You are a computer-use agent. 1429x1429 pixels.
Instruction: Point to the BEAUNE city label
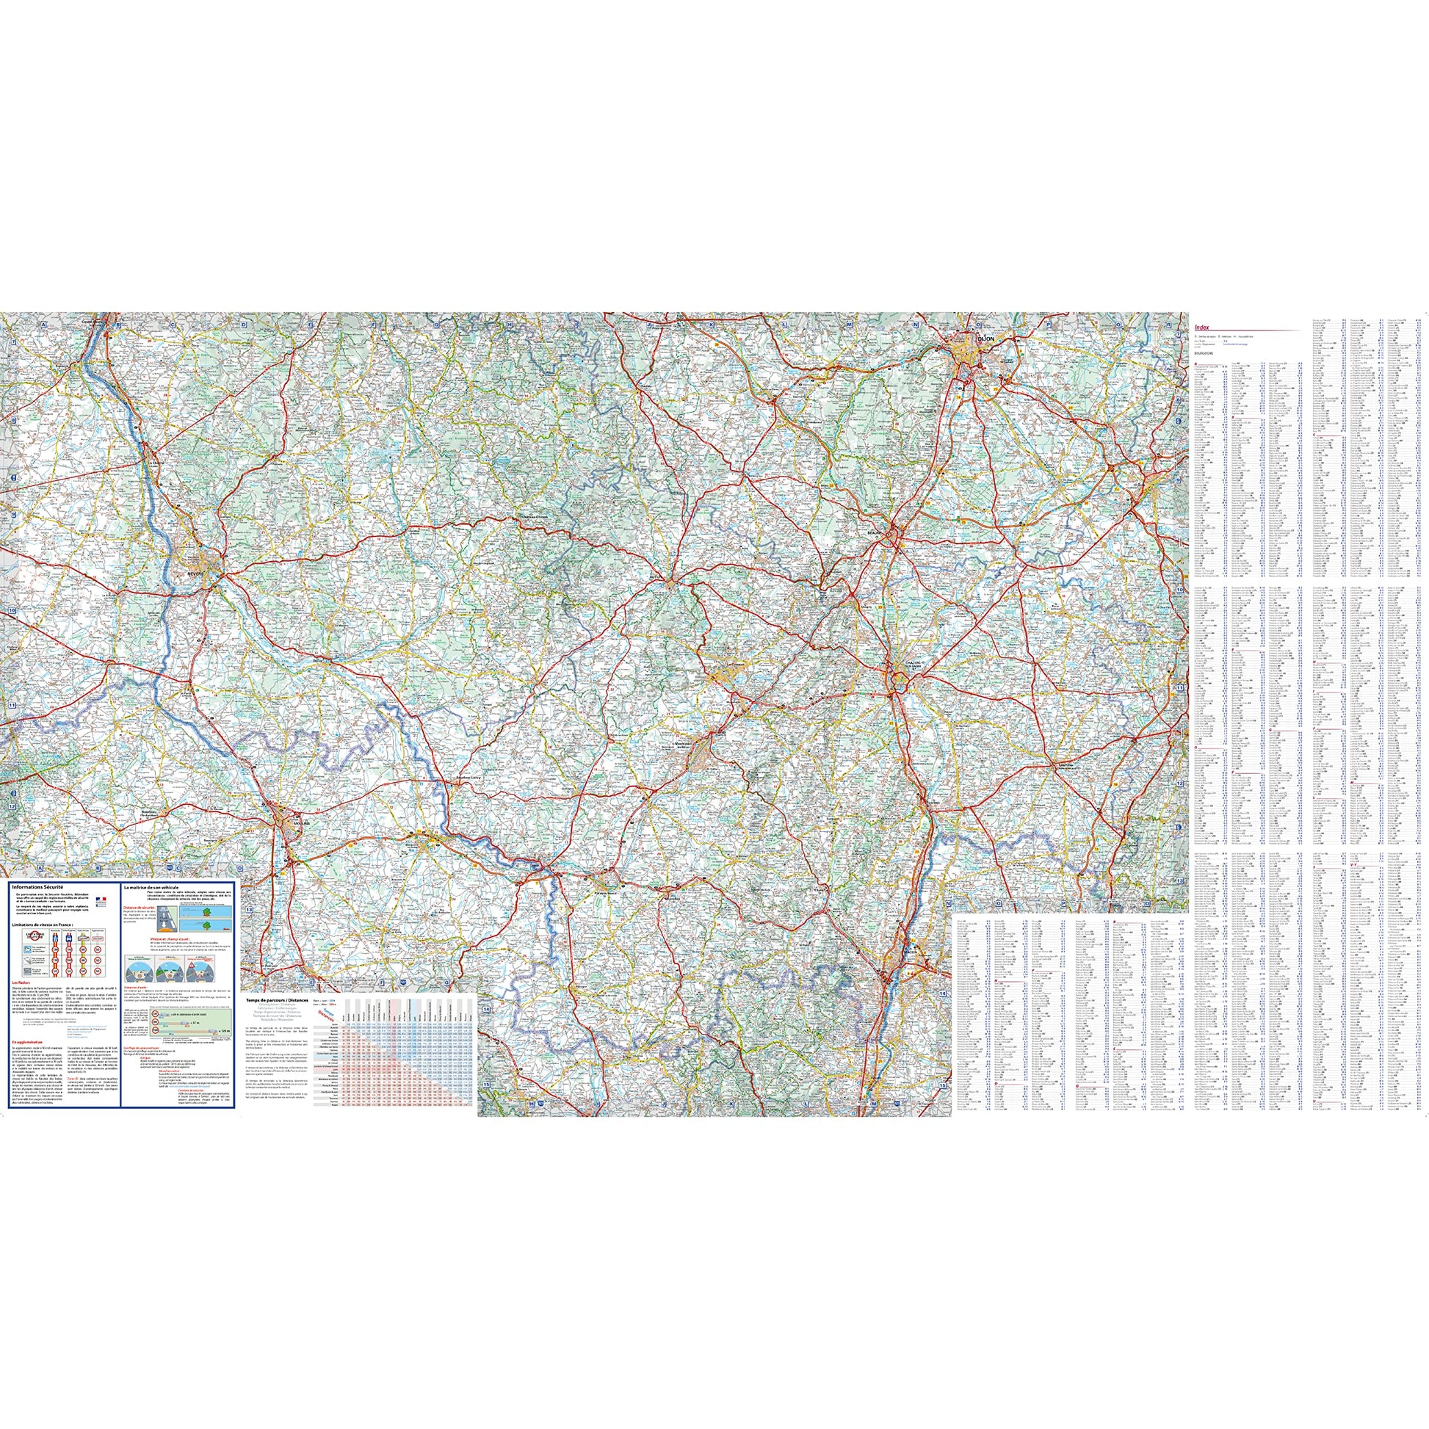click(878, 531)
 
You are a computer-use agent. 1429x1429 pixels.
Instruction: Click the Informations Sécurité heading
click(39, 885)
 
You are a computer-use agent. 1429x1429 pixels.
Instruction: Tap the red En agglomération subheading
click(26, 1042)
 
